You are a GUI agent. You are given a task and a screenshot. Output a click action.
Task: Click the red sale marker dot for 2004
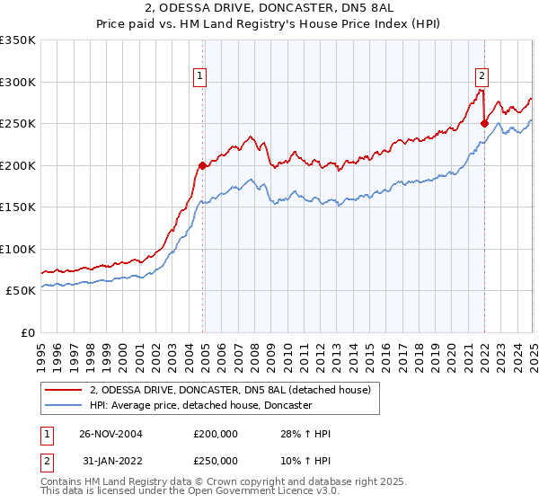pos(203,165)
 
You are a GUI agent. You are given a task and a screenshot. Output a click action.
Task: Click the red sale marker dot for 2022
pos(484,123)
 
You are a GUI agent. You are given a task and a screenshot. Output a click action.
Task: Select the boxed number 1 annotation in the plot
pos(199,76)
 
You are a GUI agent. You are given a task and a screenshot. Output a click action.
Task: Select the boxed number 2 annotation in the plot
pos(482,76)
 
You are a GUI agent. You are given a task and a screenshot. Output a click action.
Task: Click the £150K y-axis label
pos(18,207)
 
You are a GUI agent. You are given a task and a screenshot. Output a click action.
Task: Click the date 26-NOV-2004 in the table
pos(111,434)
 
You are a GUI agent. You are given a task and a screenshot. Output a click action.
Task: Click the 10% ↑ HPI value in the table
pos(306,460)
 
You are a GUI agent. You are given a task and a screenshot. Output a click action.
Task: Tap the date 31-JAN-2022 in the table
pos(111,460)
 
